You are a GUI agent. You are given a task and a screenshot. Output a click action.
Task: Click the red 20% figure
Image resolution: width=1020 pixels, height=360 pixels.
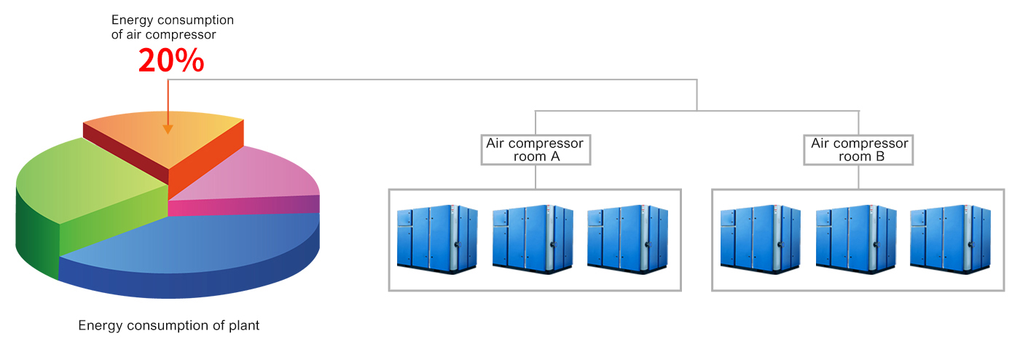coord(171,61)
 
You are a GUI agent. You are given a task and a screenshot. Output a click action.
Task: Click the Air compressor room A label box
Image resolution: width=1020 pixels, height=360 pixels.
coord(535,149)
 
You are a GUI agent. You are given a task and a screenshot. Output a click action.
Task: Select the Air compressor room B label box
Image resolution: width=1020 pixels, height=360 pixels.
coord(859,149)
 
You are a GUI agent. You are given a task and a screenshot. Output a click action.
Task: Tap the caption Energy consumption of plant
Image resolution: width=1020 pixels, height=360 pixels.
coord(169,326)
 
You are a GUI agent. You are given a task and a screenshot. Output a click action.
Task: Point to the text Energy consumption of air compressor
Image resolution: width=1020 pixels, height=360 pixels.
coord(173,27)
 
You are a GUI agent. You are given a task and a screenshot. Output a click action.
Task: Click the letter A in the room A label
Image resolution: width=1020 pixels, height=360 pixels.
coord(554,157)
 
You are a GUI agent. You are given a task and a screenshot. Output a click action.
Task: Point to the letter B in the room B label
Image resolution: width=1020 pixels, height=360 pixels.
coord(880,157)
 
